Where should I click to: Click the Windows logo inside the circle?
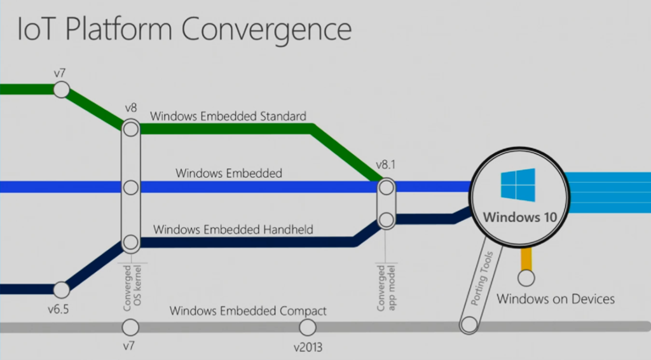tap(517, 185)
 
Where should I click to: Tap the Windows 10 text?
tap(520, 217)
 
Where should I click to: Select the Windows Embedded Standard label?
tap(228, 116)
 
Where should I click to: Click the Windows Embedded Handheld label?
tap(233, 230)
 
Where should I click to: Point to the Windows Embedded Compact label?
tap(248, 311)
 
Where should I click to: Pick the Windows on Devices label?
tap(556, 298)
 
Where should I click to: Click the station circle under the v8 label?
tap(130, 129)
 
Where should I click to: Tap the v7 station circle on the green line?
tap(61, 90)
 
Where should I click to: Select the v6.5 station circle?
tap(61, 290)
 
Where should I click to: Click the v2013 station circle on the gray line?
tap(307, 327)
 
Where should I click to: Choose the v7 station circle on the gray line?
tap(130, 327)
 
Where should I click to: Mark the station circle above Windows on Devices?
tap(526, 277)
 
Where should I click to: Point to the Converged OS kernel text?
tap(132, 289)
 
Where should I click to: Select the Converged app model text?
tap(386, 289)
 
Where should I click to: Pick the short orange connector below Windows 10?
tap(526, 258)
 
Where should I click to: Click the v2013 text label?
tap(307, 348)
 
